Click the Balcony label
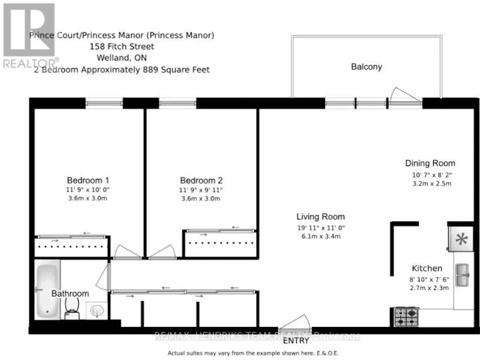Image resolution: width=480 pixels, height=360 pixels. click(367, 67)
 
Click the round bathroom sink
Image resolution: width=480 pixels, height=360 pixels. click(97, 311)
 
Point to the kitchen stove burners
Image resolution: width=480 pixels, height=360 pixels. click(407, 317)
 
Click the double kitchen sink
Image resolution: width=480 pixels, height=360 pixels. click(462, 275)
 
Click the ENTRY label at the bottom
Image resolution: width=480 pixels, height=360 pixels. click(296, 341)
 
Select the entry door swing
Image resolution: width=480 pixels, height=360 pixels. click(295, 323)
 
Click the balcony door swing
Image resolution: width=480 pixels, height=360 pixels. click(405, 95)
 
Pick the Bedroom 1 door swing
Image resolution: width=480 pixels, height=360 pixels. click(127, 252)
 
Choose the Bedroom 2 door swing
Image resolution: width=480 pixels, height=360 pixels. click(163, 252)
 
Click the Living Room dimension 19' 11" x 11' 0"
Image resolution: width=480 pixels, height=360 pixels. click(321, 228)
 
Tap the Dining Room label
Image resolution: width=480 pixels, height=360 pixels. click(430, 163)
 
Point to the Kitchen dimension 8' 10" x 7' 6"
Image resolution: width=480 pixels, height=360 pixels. click(429, 280)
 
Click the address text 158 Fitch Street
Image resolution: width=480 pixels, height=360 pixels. click(122, 47)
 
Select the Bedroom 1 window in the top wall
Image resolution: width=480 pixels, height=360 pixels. click(104, 103)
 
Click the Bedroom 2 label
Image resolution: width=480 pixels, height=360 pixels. click(201, 181)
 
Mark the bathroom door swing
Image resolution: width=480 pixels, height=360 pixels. click(103, 277)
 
